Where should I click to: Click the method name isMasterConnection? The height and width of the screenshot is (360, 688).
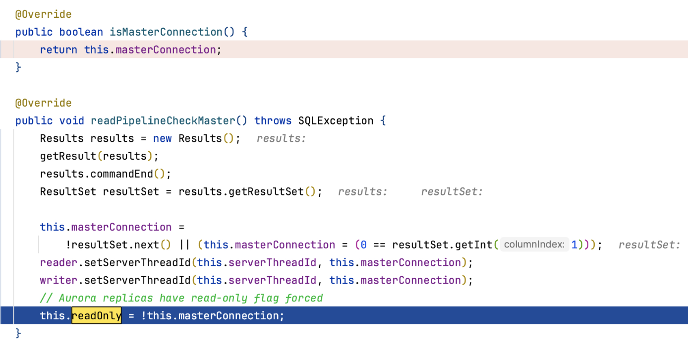coord(166,32)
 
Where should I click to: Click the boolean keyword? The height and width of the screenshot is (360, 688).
coord(81,32)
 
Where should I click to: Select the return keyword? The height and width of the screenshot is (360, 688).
coord(58,50)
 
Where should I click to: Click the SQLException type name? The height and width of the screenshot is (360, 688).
coord(336,120)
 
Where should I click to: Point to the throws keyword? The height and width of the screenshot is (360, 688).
coord(273,120)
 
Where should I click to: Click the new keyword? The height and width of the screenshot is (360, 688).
coord(163,138)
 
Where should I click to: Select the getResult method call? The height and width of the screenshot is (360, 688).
coord(68,156)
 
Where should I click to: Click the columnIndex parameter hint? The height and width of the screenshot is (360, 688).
coord(534,244)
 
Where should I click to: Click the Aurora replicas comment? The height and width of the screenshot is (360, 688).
coord(181,298)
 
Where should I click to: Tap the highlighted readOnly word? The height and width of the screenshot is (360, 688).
coord(97,316)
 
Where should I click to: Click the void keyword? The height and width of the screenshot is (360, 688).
coord(72,120)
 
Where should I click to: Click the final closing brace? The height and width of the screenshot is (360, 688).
coord(18,333)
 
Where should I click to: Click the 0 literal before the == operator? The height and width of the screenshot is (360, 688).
coord(364,244)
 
